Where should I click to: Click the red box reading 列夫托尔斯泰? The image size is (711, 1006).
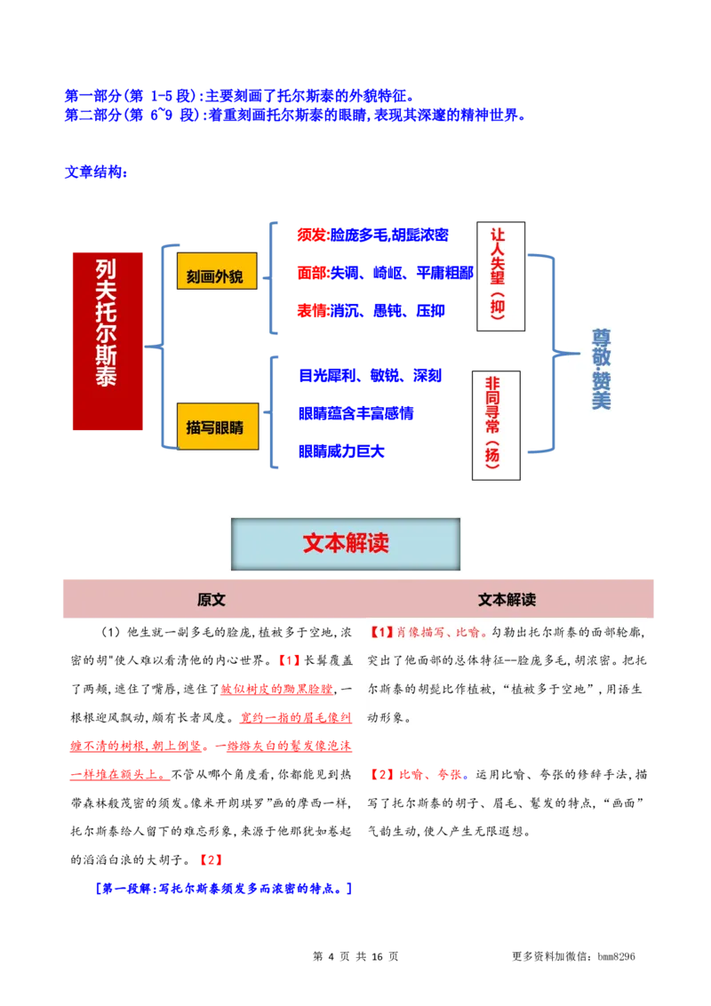108,341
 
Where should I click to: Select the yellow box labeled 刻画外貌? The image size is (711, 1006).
216,271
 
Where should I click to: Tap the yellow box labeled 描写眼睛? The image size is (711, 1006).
216,427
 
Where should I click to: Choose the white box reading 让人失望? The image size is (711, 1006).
500,276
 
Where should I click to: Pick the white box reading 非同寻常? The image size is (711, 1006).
496,425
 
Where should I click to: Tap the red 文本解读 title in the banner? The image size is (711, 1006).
346,543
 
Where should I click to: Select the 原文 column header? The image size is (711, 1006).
212,599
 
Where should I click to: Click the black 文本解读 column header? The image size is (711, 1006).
507,599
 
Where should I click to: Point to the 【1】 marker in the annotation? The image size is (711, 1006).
380,633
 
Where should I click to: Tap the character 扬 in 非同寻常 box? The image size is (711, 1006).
494,455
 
